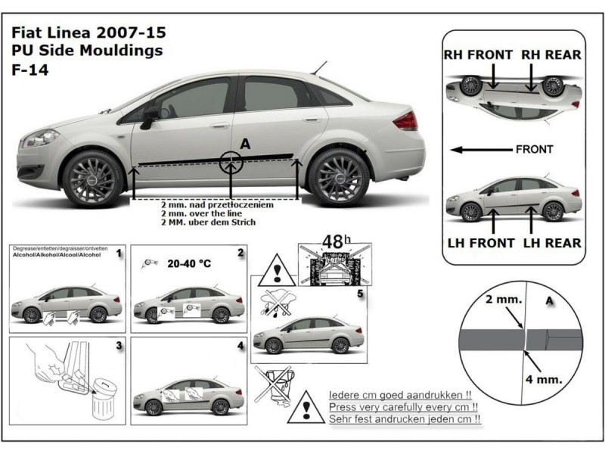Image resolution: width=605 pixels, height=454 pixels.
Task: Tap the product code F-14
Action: (28, 70)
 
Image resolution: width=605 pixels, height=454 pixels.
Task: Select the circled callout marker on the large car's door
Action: (231, 160)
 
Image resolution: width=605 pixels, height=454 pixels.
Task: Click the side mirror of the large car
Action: (150, 115)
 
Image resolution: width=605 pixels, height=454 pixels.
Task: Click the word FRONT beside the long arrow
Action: (534, 149)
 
